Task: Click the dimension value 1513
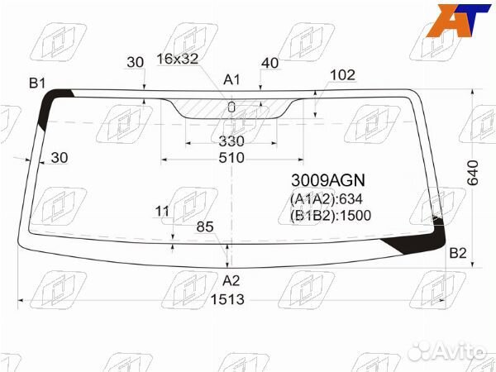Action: [227, 300]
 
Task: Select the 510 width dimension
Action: [231, 158]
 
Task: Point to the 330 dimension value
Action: [231, 141]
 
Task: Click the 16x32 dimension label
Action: [177, 59]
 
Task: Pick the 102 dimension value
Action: [342, 75]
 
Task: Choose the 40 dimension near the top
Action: [269, 63]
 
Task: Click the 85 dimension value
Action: [206, 226]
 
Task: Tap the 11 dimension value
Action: [162, 212]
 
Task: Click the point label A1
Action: [232, 79]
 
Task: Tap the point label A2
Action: [231, 279]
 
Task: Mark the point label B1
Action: [37, 83]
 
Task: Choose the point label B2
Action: [458, 253]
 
